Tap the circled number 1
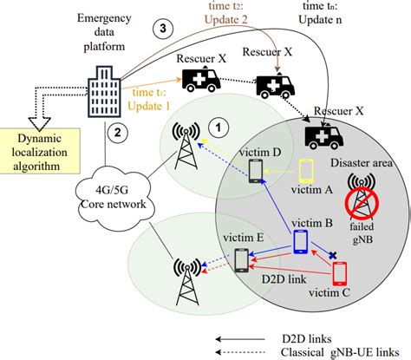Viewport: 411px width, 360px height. tap(221, 127)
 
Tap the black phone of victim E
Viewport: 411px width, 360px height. tap(242, 261)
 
